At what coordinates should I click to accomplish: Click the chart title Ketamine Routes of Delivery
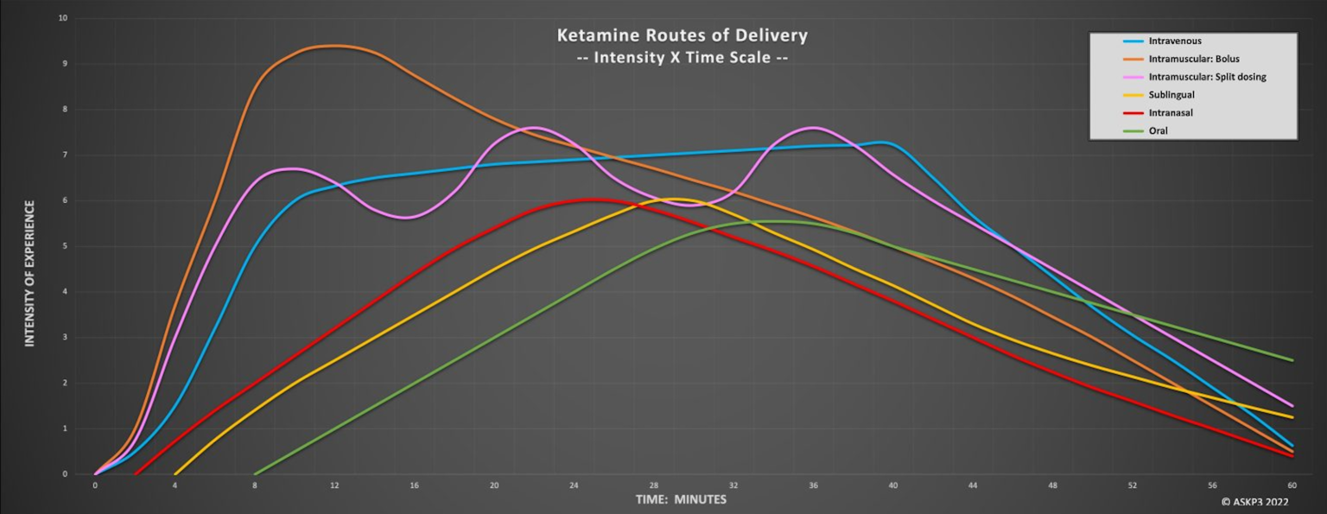(x=682, y=36)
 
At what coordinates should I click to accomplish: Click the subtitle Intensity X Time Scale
(x=682, y=59)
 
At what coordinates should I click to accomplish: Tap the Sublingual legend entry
(x=1171, y=95)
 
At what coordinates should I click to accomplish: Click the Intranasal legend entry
(x=1170, y=113)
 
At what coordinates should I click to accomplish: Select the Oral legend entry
(x=1158, y=131)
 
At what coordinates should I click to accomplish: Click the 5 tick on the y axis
(x=66, y=246)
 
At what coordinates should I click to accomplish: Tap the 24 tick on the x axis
(x=574, y=485)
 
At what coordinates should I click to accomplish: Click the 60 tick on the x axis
(x=1292, y=485)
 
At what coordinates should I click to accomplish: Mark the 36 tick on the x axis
(x=813, y=485)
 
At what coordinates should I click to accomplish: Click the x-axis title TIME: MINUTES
(x=681, y=499)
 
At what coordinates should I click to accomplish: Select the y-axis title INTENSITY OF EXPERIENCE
(x=29, y=274)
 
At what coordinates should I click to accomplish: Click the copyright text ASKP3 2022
(x=1254, y=501)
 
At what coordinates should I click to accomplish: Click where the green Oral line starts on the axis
(x=255, y=473)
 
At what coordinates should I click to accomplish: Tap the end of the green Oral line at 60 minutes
(x=1292, y=360)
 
